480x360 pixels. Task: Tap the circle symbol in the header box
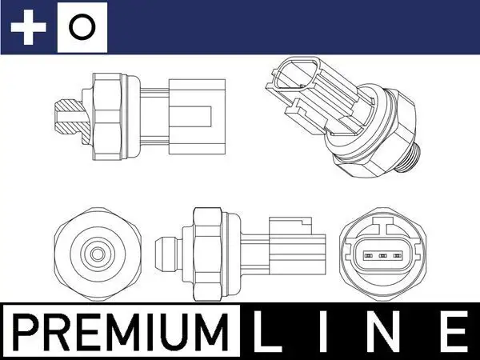point(80,29)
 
